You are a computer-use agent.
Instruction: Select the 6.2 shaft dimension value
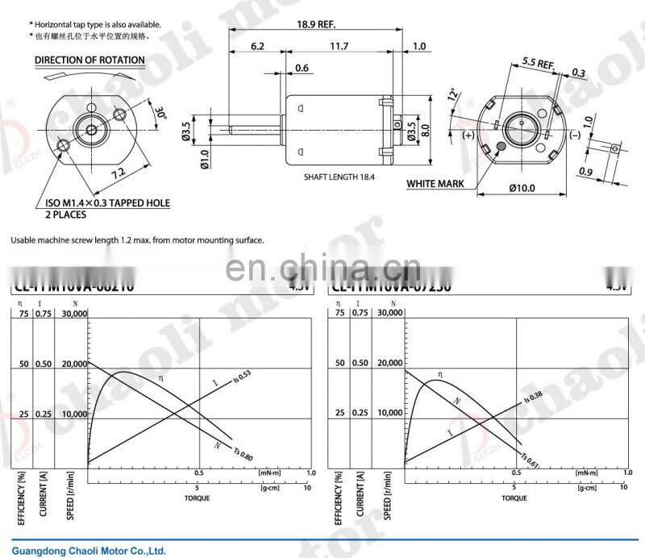coord(257,47)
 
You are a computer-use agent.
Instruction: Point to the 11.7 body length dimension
coord(339,47)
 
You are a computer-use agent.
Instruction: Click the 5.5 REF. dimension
coord(538,62)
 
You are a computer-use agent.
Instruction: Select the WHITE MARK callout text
coord(435,184)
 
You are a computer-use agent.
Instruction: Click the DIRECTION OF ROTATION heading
coord(89,60)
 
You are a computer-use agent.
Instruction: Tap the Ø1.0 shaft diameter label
coord(185,154)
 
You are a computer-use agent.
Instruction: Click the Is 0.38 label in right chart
coord(531,398)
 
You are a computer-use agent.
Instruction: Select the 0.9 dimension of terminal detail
coord(587,172)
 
